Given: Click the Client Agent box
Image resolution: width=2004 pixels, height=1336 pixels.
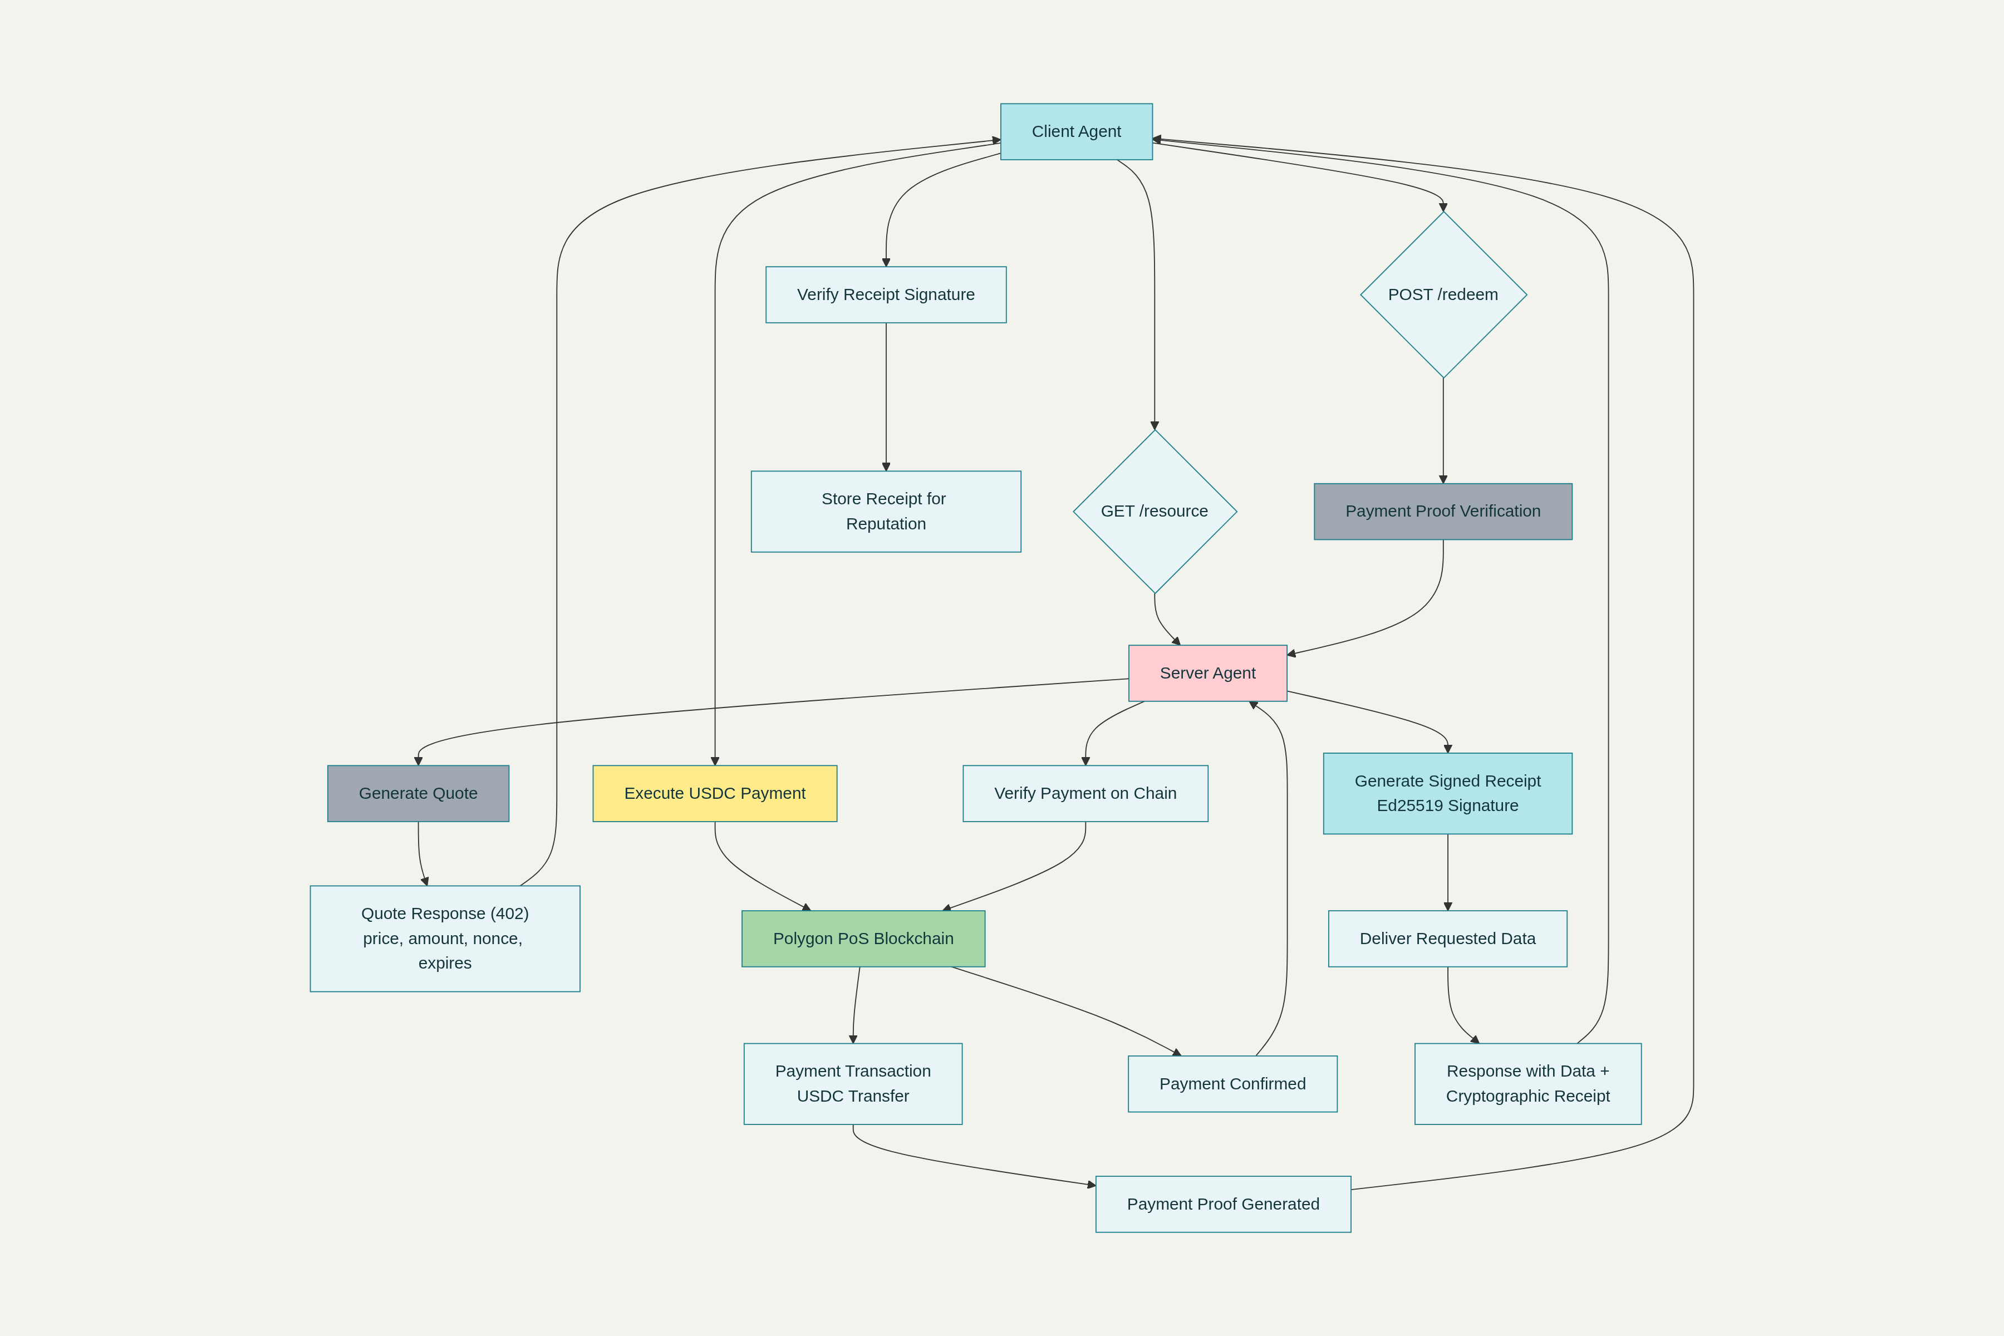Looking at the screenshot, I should tap(1076, 131).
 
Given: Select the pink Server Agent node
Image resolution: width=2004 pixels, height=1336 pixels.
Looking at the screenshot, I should tap(1207, 673).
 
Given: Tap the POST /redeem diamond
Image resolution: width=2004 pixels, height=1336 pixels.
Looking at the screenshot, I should tap(1442, 295).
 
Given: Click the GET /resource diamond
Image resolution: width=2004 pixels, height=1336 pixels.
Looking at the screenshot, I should tap(1155, 511).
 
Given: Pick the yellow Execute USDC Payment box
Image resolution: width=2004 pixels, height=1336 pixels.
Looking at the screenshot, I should tap(714, 793).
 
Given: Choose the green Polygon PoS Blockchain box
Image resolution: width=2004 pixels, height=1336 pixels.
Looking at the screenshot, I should tap(863, 938).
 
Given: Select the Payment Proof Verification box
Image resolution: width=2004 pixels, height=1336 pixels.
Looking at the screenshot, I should tap(1442, 511).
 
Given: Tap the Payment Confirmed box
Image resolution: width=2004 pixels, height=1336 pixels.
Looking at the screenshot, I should tap(1232, 1084).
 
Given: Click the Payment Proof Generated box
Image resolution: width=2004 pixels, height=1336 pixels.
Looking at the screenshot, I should tap(1222, 1204).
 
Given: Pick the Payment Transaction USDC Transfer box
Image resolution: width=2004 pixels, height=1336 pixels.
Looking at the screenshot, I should tap(852, 1084).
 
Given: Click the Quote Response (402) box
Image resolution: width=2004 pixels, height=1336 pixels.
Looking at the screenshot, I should tap(445, 938).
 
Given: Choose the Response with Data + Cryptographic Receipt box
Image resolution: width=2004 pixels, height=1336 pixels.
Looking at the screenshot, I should tap(1527, 1084).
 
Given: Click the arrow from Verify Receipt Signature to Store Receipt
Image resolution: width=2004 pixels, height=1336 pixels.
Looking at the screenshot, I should tap(886, 396).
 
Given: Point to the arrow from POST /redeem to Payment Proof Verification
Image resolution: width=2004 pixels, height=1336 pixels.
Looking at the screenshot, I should tap(1442, 430).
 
